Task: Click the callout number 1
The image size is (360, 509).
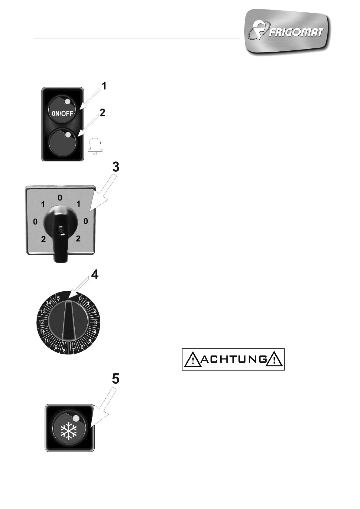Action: pyautogui.click(x=104, y=86)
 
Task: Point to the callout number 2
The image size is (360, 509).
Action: pyautogui.click(x=102, y=113)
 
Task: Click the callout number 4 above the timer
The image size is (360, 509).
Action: pyautogui.click(x=95, y=274)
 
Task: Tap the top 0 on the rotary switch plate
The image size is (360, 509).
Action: pyautogui.click(x=60, y=198)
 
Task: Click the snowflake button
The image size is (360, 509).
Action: pyautogui.click(x=70, y=428)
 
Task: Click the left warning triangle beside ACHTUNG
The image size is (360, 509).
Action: pyautogui.click(x=192, y=360)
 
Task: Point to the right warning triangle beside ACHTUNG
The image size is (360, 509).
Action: pyautogui.click(x=274, y=360)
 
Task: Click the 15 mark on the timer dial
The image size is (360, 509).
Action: pyautogui.click(x=57, y=298)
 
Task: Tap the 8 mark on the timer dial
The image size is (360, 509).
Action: pyautogui.click(x=64, y=351)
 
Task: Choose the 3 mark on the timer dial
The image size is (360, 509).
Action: pyautogui.click(x=96, y=322)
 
